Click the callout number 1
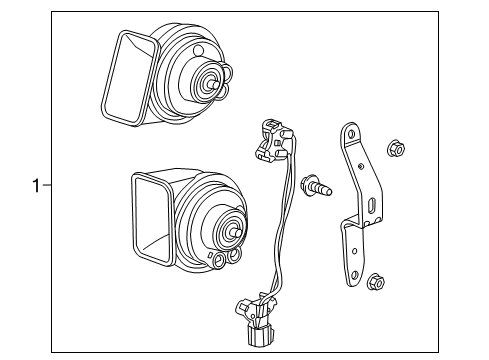tap(37, 185)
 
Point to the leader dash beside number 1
tap(47, 185)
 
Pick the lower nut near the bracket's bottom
tap(376, 283)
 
